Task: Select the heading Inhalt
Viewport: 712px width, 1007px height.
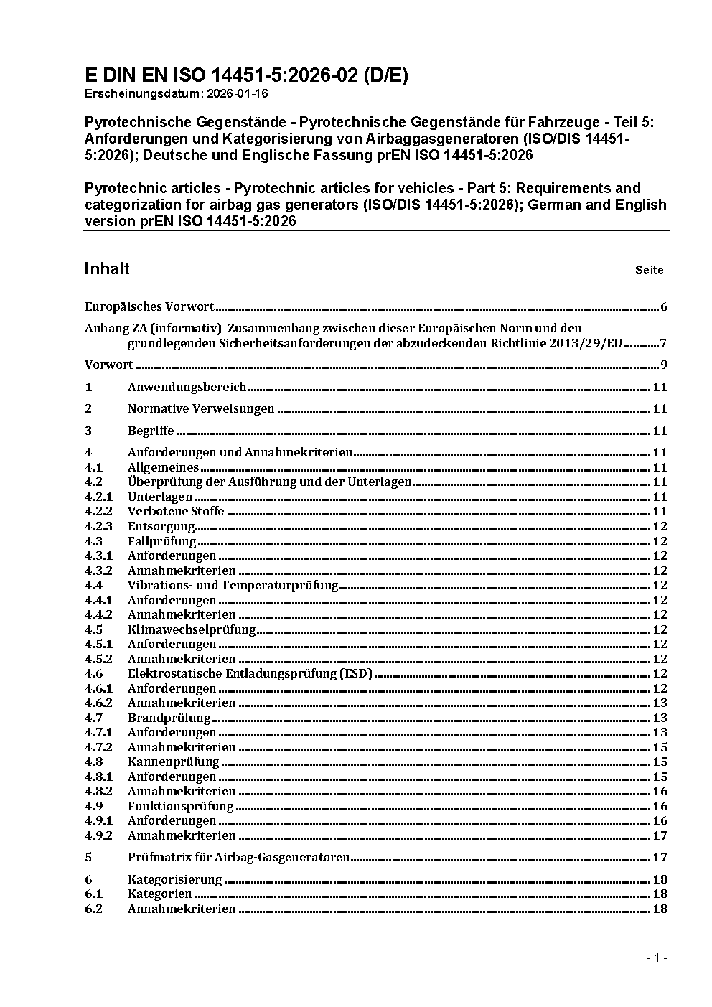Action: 107,268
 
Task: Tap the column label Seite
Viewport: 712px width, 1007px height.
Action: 649,271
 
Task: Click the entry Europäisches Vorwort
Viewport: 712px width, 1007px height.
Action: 149,306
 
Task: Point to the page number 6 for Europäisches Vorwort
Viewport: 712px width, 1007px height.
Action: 664,307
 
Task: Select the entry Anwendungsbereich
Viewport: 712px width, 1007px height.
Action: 187,387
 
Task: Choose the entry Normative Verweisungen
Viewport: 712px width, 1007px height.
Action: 201,408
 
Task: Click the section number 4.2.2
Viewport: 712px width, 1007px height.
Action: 98,511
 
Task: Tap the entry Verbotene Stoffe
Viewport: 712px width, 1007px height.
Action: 176,511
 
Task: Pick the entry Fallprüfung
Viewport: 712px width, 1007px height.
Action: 161,541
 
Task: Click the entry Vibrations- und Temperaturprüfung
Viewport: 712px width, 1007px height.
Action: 233,585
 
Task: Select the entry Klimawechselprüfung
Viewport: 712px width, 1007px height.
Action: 192,629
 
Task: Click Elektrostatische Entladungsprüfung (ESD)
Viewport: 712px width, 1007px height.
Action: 250,673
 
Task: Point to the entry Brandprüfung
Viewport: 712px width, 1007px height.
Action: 169,718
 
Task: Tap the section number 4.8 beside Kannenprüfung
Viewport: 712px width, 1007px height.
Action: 93,762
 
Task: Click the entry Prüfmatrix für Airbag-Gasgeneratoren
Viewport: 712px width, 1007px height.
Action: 238,857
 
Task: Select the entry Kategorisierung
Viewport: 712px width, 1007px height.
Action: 174,879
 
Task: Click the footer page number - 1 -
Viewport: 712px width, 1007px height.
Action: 657,957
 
